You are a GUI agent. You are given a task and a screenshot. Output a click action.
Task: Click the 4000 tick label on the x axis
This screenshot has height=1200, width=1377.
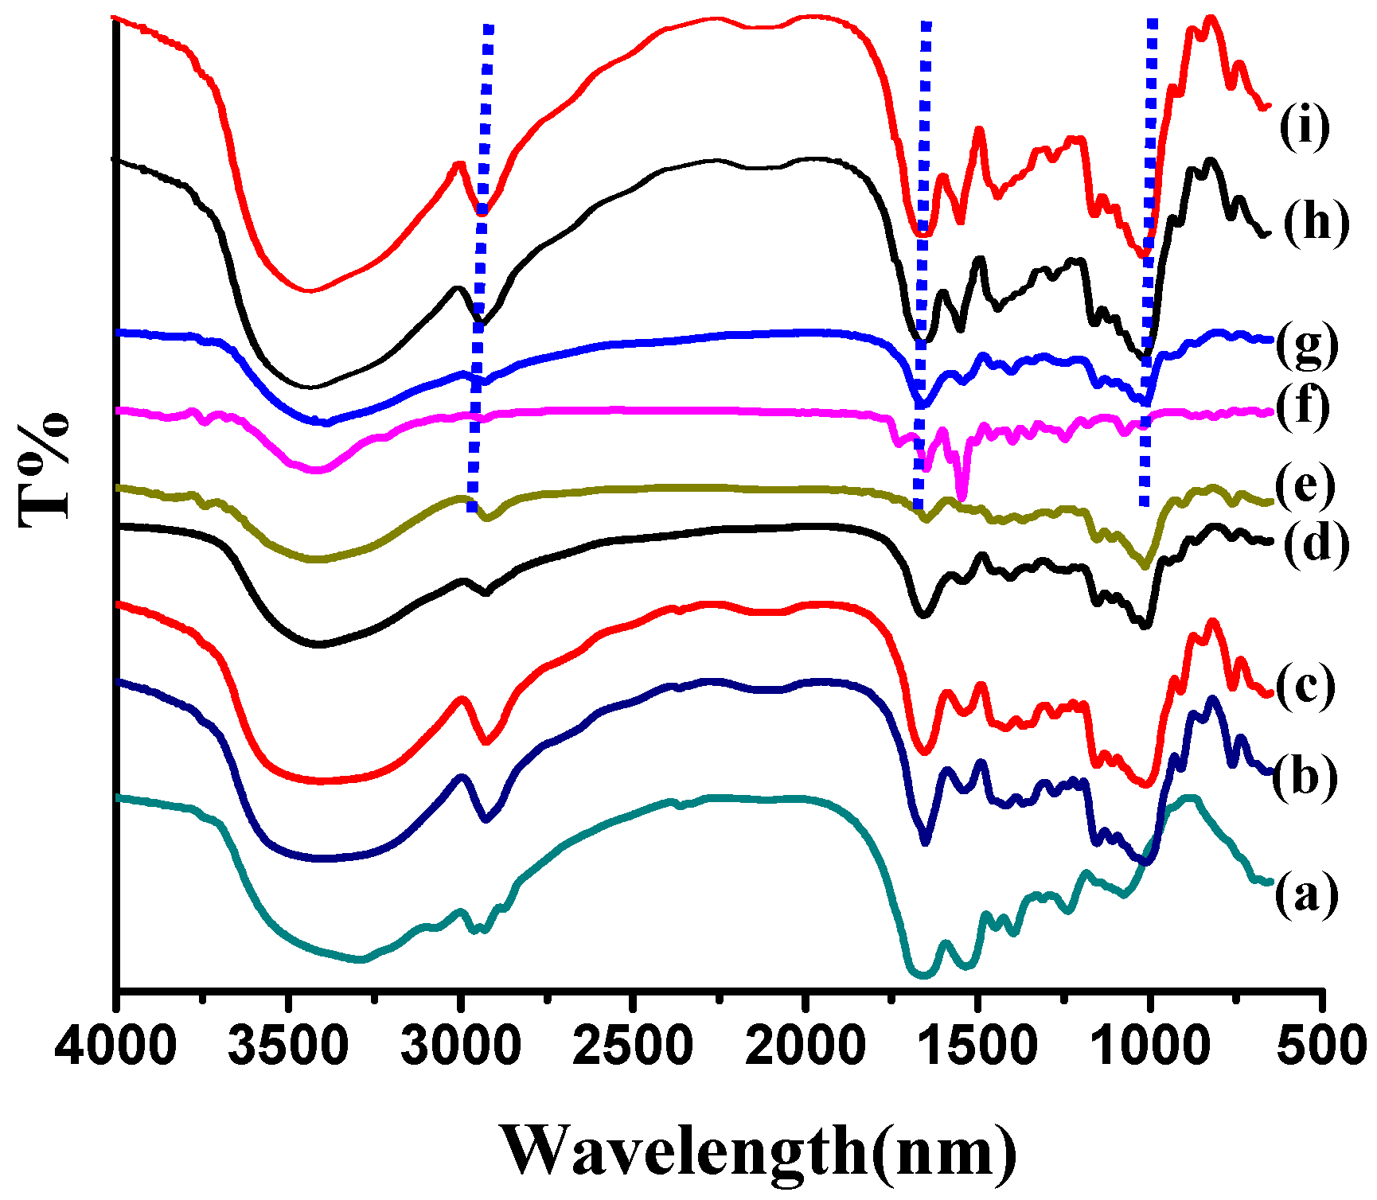pos(116,1044)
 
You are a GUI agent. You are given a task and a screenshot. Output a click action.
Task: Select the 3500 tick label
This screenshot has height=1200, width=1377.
pos(288,1044)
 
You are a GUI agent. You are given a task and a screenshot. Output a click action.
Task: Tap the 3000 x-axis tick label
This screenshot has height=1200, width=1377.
pos(461,1044)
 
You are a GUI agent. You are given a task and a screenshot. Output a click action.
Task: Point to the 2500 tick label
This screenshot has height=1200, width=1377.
pos(633,1044)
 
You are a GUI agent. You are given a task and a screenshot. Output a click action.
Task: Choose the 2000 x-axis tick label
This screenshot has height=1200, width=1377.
pos(806,1044)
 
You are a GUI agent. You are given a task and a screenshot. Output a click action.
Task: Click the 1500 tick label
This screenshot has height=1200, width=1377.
pos(977,1044)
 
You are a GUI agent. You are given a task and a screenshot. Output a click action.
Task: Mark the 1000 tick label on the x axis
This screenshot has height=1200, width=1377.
pos(1149,1044)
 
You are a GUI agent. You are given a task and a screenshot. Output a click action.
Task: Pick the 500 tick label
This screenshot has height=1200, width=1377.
pos(1323,1044)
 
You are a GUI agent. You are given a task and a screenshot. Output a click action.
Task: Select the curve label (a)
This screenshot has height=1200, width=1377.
pos(1306,895)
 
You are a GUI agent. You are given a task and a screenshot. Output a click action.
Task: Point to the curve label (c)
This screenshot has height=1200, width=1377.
pos(1306,686)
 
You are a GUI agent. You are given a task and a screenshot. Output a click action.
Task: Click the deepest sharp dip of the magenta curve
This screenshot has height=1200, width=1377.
pos(962,497)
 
